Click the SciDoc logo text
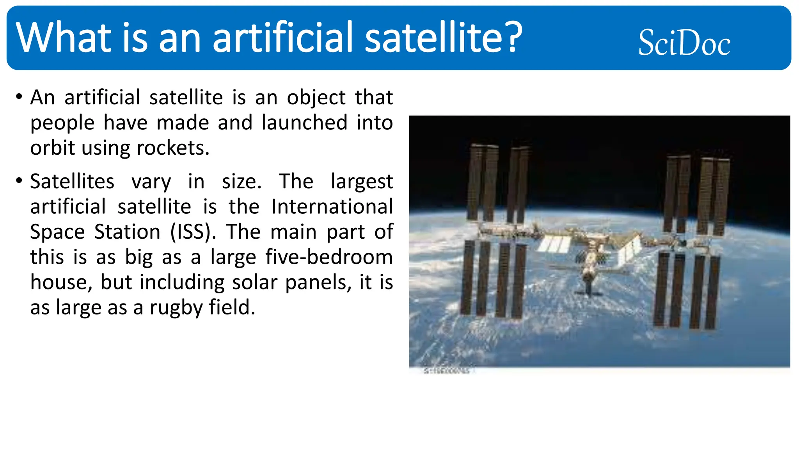684,43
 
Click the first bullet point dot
19,96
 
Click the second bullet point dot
19,180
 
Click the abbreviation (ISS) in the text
193,232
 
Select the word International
332,206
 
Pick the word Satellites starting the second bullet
72,181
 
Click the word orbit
53,148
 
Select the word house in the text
61,282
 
